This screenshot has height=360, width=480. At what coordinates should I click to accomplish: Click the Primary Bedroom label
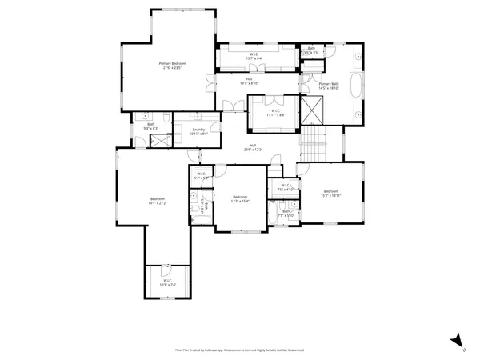pos(172,66)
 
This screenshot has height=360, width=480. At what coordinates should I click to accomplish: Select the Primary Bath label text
pos(329,86)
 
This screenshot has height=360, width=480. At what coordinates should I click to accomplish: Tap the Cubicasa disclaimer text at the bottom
pos(239,350)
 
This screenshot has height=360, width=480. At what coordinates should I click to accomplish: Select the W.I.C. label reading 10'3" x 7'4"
pos(168,283)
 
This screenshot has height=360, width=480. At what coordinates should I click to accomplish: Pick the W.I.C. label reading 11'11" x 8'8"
pos(274,113)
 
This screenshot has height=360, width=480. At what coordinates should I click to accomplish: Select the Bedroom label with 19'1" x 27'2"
pos(158,201)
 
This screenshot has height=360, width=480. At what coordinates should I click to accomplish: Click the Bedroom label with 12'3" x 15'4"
pos(241,199)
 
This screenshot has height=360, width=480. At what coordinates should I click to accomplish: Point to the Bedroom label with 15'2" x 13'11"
pos(331,193)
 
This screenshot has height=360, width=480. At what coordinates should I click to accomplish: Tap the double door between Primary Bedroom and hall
pos(210,80)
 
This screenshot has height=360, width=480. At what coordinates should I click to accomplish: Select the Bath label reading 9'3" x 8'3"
pos(150,126)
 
